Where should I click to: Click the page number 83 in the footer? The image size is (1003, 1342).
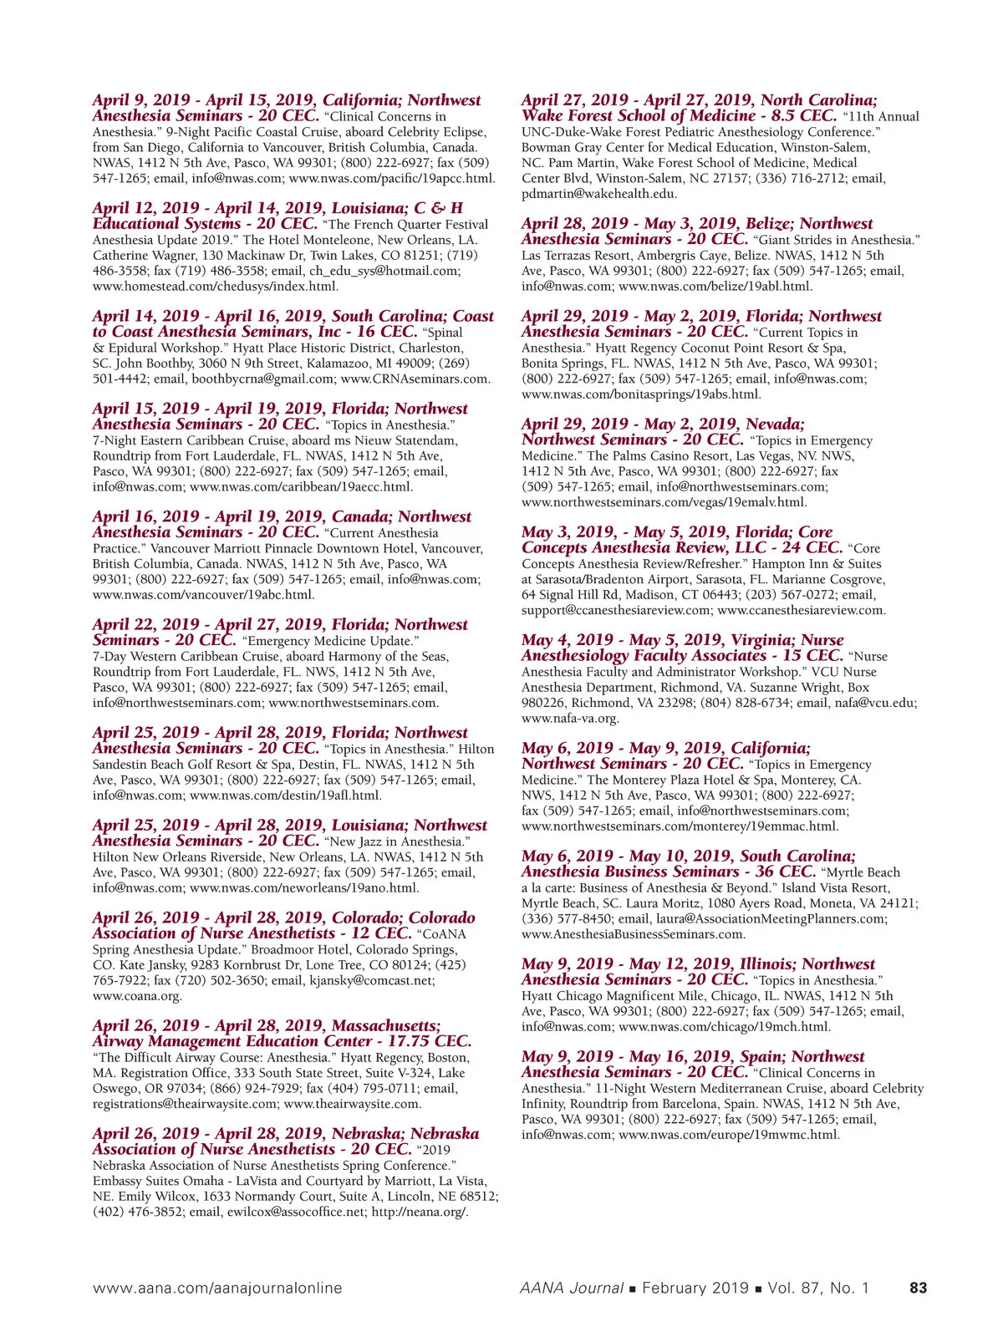[x=918, y=1288]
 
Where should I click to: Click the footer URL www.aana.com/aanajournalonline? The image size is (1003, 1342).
[x=217, y=1288]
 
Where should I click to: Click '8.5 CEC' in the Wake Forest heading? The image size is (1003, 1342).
[x=797, y=116]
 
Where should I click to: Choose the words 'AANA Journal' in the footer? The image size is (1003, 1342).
[x=571, y=1288]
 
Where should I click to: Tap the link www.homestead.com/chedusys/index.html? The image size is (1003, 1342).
[x=216, y=286]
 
